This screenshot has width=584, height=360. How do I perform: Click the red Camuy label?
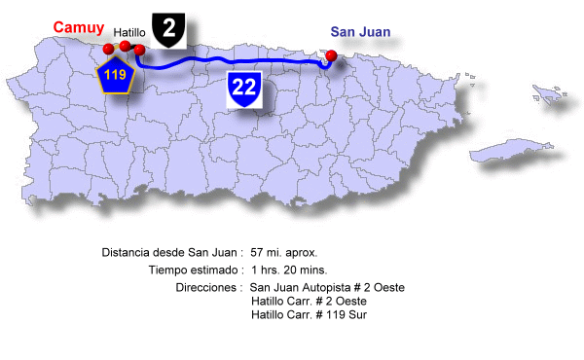(79, 27)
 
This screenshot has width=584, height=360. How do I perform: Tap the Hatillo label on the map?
(129, 33)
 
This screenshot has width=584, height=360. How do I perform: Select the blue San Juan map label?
(360, 32)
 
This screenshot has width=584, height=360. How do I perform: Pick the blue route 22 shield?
(243, 89)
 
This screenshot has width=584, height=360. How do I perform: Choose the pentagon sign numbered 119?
(116, 74)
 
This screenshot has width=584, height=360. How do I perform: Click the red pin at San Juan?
(332, 55)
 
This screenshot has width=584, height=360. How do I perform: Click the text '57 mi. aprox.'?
(284, 252)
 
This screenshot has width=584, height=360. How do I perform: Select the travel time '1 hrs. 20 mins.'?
(288, 270)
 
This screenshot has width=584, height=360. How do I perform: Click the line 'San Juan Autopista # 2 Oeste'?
(327, 288)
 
